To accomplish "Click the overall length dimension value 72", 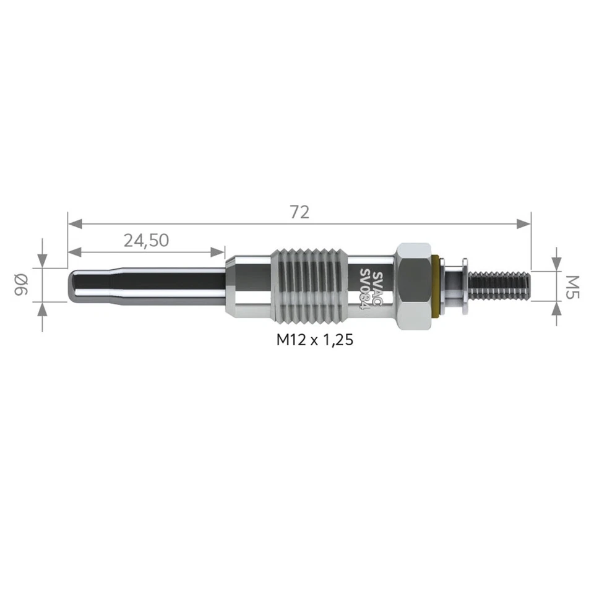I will (x=299, y=212).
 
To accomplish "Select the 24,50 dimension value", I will (x=146, y=241).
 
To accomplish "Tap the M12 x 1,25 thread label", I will (x=314, y=339).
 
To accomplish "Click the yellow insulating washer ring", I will (x=439, y=285).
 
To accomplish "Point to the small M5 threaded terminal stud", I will (x=500, y=285).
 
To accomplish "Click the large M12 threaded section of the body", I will (x=307, y=285).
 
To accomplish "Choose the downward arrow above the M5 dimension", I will (x=556, y=264).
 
